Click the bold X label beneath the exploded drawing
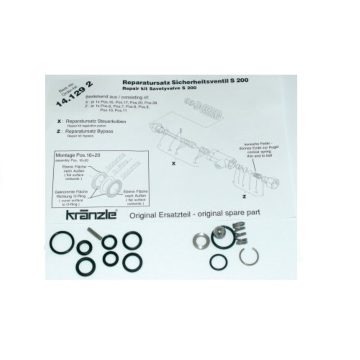(174, 163)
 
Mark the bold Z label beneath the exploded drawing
(244, 197)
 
